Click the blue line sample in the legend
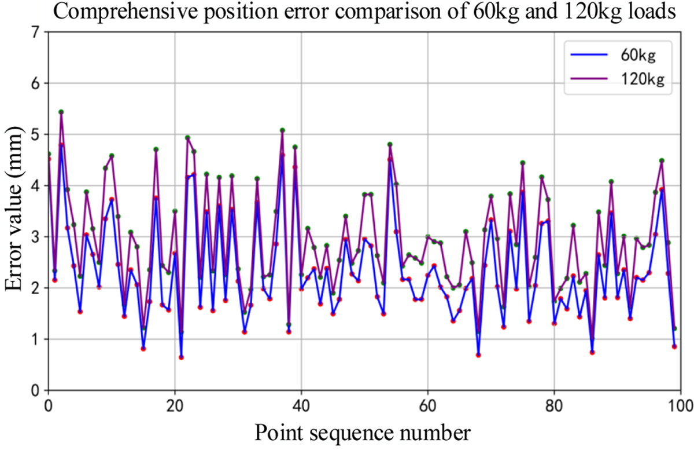(x=590, y=56)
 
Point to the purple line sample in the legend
(x=590, y=82)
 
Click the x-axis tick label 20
(x=175, y=404)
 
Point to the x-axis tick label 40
(x=301, y=404)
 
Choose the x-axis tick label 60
(x=428, y=404)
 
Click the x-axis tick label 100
(x=679, y=404)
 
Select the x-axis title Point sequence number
(x=364, y=431)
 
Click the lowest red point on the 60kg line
(x=181, y=357)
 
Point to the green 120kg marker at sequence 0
(x=49, y=154)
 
